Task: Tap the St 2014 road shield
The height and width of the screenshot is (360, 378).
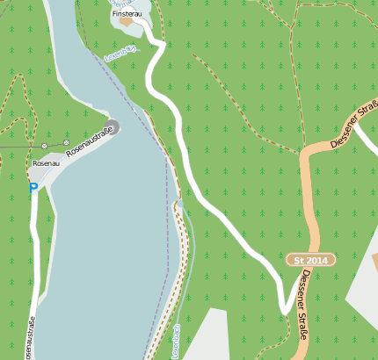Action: (310, 261)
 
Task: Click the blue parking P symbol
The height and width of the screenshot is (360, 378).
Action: (33, 187)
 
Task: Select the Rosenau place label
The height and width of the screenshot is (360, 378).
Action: (46, 163)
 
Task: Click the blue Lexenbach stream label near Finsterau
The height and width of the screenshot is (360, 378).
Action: (120, 56)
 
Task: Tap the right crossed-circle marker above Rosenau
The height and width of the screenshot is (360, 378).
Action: (67, 142)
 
